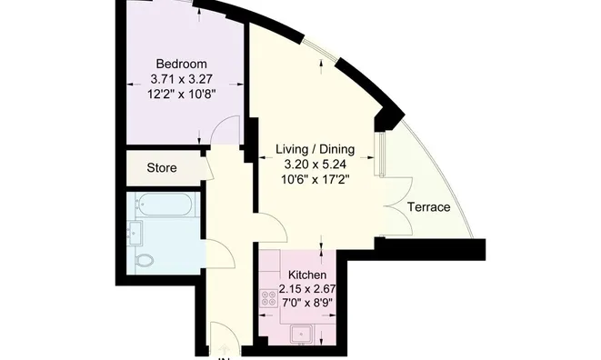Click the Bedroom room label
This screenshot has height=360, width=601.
coord(182,64)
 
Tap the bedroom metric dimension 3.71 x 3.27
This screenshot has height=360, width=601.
coord(182,78)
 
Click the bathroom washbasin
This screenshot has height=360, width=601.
coord(136,233)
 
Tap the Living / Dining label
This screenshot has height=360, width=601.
coord(316,149)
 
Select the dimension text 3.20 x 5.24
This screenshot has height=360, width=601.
coord(316,165)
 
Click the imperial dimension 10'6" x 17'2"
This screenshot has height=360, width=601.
coord(316,179)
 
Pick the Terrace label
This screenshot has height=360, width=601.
coord(428,207)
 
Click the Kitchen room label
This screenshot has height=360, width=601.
coord(307,275)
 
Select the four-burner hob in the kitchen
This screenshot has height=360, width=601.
coord(270,297)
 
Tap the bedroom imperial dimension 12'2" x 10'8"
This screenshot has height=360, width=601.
coord(182,93)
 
